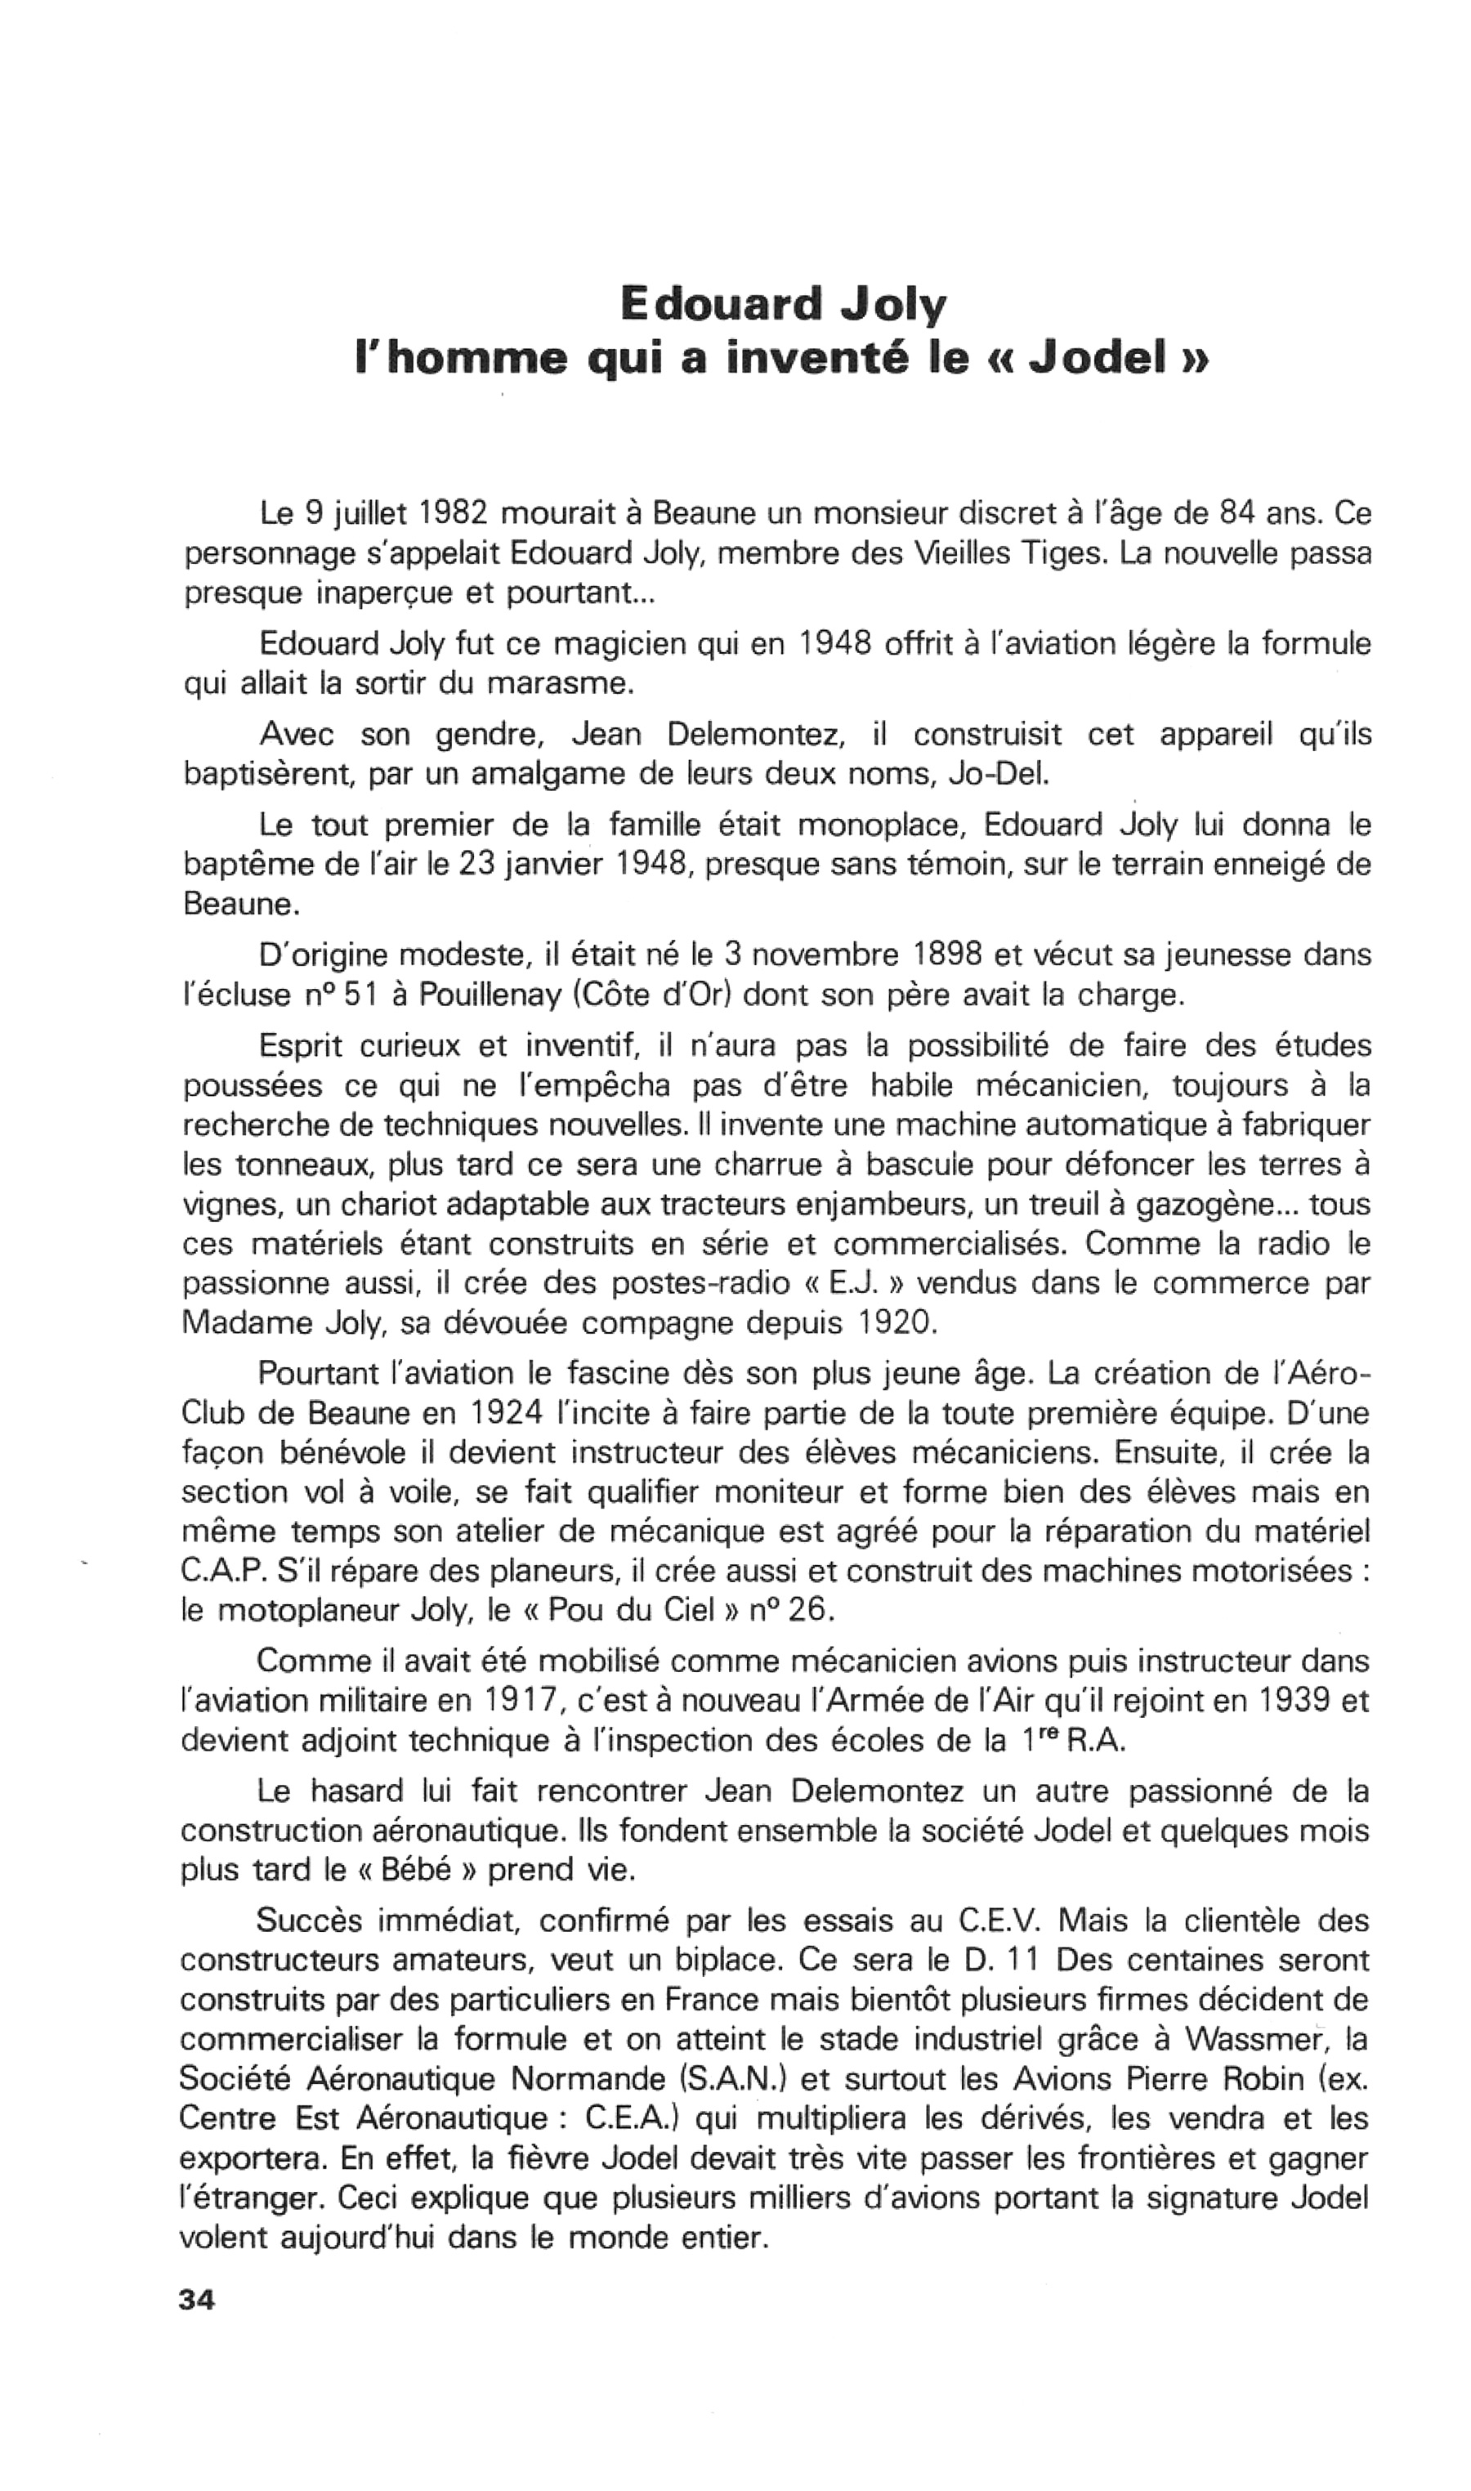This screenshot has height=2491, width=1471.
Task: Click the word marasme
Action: (x=558, y=684)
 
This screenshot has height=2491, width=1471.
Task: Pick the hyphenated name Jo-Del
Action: (x=997, y=774)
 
